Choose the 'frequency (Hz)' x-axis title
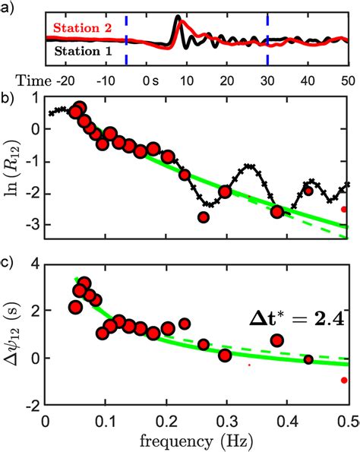point(197,441)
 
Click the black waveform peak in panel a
point(178,17)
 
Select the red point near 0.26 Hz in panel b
point(203,217)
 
